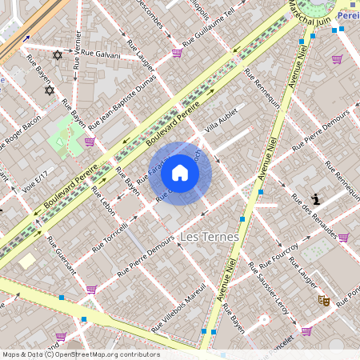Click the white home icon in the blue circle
click(180, 173)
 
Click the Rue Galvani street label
click(101, 54)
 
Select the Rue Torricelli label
click(110, 238)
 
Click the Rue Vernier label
click(77, 50)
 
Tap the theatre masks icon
click(324, 300)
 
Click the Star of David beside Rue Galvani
click(57, 55)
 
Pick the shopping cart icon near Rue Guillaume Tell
click(177, 53)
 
